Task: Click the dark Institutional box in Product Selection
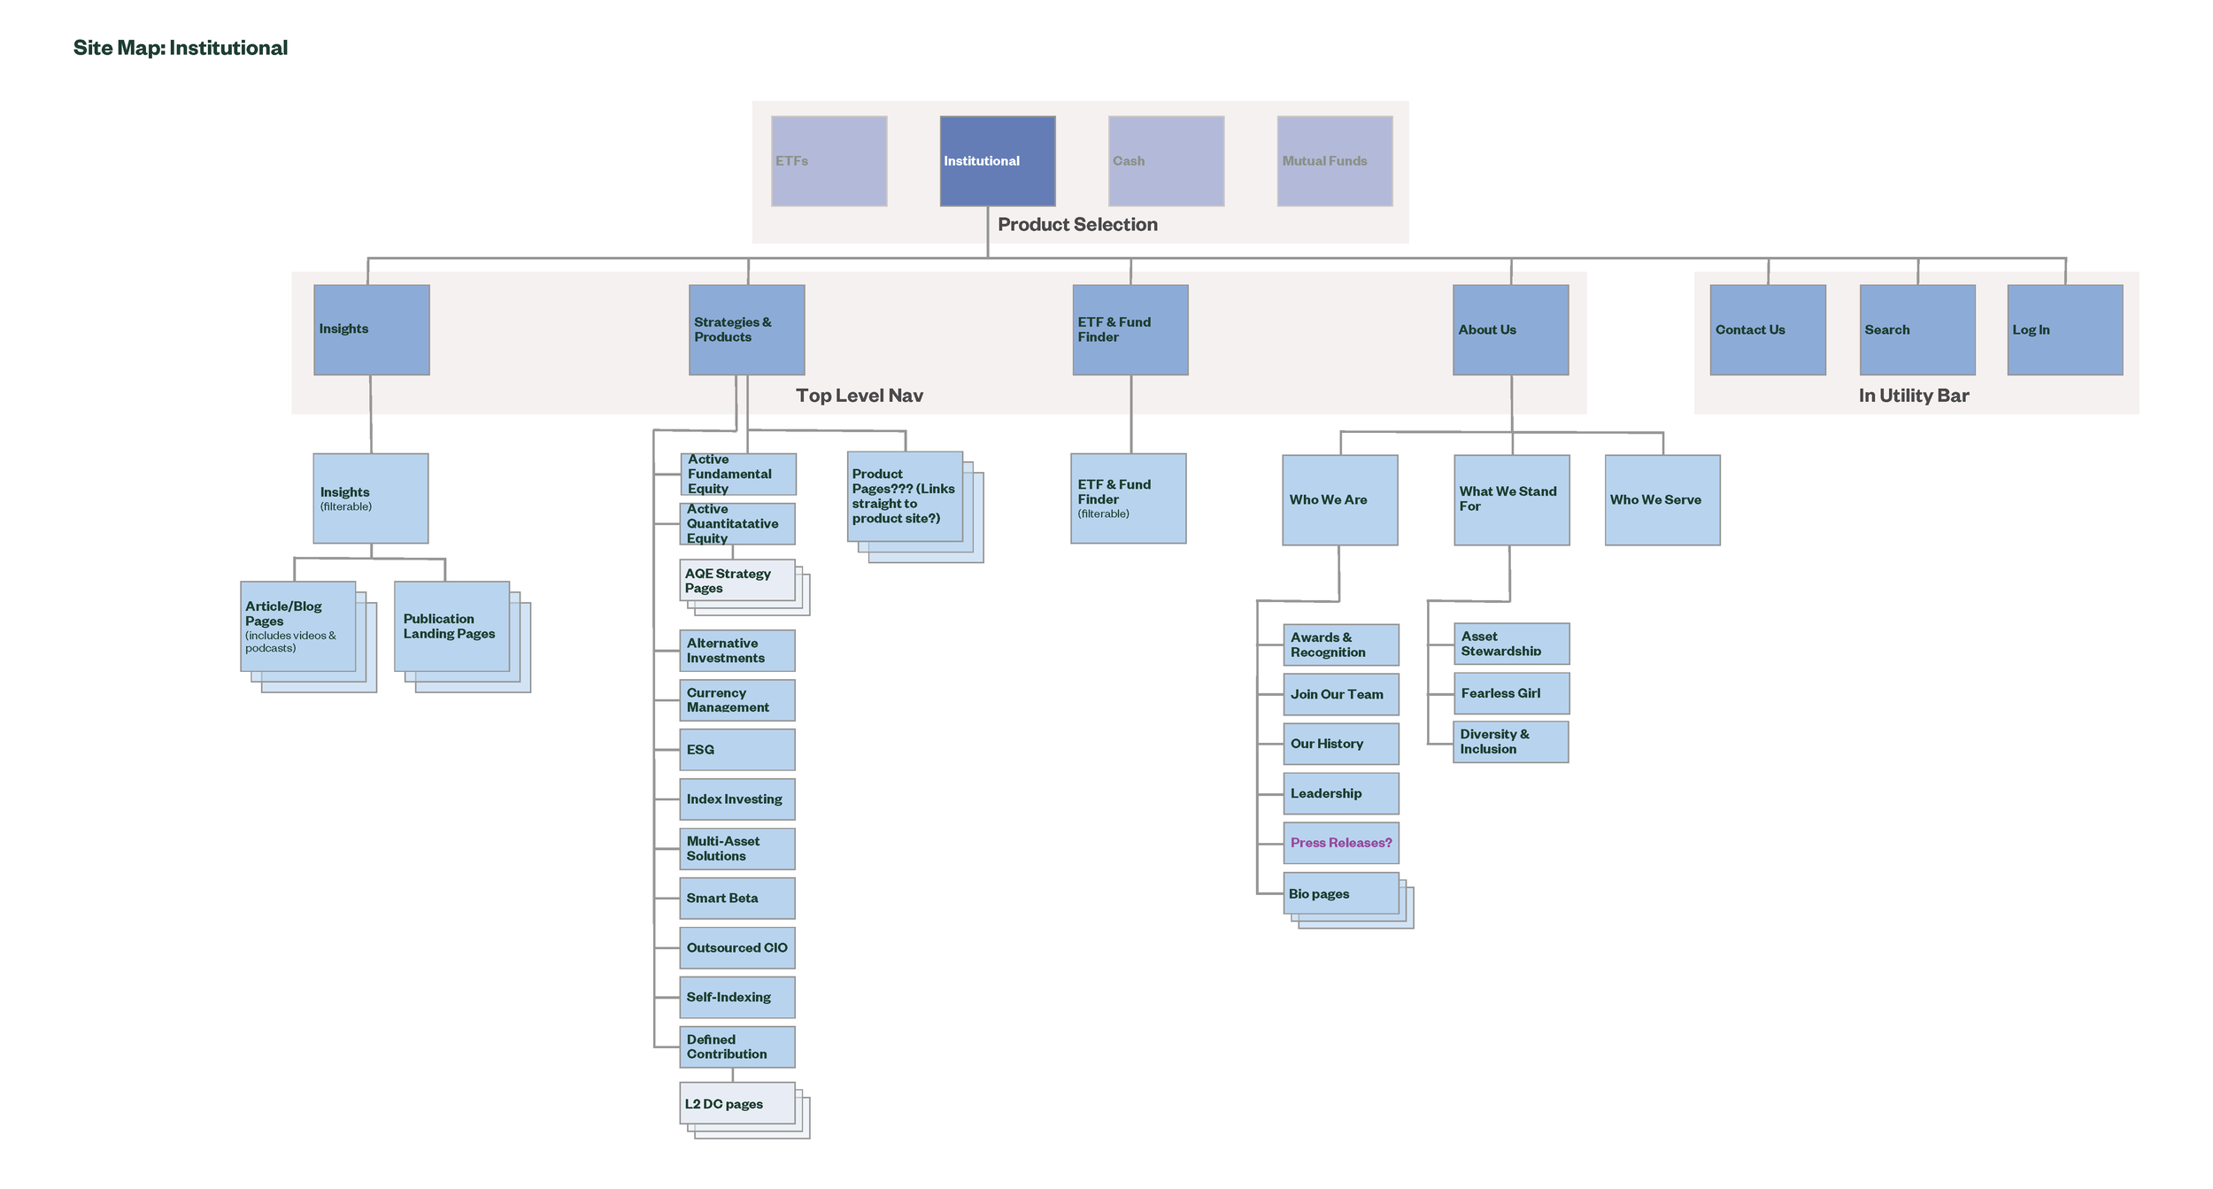[997, 161]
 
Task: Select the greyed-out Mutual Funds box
[1334, 161]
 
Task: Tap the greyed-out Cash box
[1166, 161]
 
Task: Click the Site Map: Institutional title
[180, 48]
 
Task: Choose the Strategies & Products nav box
[746, 329]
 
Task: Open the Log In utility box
[2064, 329]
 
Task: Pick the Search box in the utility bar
[1916, 329]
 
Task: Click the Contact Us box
[1767, 329]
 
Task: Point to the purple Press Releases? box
[1340, 843]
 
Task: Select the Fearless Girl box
[1511, 693]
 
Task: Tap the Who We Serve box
[1662, 500]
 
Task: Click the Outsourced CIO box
[736, 947]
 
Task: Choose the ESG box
[736, 749]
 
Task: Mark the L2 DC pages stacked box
[736, 1103]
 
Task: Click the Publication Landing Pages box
[451, 626]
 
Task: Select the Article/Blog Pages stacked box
[297, 626]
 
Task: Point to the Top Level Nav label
[859, 396]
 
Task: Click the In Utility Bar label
[1913, 396]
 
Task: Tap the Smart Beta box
[736, 898]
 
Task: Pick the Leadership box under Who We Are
[1340, 793]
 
